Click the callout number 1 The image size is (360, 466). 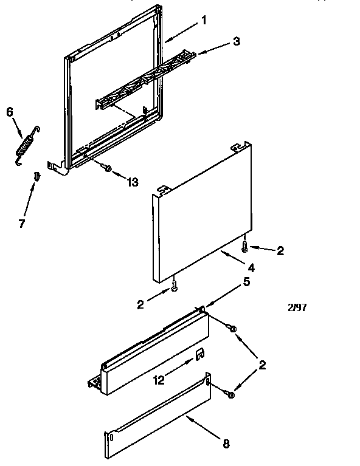(204, 20)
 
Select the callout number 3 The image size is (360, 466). (236, 41)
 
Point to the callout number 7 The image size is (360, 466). (22, 223)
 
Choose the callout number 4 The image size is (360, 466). (251, 267)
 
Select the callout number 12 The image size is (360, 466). (159, 382)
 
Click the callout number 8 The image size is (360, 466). (226, 444)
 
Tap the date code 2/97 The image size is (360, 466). (296, 307)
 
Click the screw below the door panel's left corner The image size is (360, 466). (175, 284)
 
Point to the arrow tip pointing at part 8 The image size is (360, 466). (188, 416)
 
